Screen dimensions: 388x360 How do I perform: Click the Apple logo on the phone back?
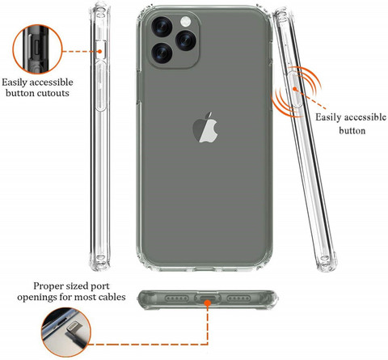205,127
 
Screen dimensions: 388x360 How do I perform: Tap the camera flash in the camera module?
186,21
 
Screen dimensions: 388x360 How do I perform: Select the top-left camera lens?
162,27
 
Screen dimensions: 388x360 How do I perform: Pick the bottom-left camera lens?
162,53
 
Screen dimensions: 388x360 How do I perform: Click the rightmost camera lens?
186,40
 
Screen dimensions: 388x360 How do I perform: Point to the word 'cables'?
112,297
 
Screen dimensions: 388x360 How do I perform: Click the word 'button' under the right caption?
352,131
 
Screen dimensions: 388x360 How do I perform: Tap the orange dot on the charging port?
207,303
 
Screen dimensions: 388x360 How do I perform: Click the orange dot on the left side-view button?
99,51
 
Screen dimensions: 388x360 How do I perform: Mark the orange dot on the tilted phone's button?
295,89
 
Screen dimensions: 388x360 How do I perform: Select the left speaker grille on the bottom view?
177,299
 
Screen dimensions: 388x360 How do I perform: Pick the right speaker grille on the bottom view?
238,299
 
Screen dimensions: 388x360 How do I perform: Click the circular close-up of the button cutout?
37,49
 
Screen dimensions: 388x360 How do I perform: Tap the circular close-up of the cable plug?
66,332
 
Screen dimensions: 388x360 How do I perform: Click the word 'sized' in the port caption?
78,286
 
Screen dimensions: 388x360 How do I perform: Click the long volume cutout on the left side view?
101,86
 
